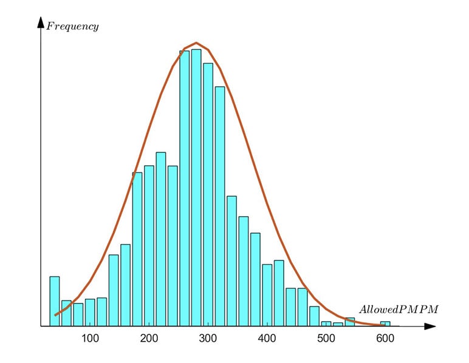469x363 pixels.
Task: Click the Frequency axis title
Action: [72, 27]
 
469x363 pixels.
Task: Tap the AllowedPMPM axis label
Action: [398, 310]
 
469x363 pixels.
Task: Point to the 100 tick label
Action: [90, 338]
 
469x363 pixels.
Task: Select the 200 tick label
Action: [149, 338]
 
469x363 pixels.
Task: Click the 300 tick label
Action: [208, 338]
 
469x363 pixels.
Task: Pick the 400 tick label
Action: [267, 338]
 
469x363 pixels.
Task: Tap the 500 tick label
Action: [326, 338]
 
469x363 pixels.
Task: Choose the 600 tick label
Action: [385, 338]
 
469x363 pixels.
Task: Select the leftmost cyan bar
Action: [55, 302]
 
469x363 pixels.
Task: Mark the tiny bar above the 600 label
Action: [385, 324]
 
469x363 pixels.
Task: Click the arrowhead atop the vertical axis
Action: [41, 23]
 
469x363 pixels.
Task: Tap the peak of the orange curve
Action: [196, 43]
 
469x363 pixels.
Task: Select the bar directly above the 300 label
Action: [208, 194]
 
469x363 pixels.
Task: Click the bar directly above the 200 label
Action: [149, 246]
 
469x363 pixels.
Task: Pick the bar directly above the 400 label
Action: [267, 296]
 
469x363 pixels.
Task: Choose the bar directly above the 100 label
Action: [90, 313]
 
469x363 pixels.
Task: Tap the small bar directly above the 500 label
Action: [326, 324]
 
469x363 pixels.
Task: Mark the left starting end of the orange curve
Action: [55, 315]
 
